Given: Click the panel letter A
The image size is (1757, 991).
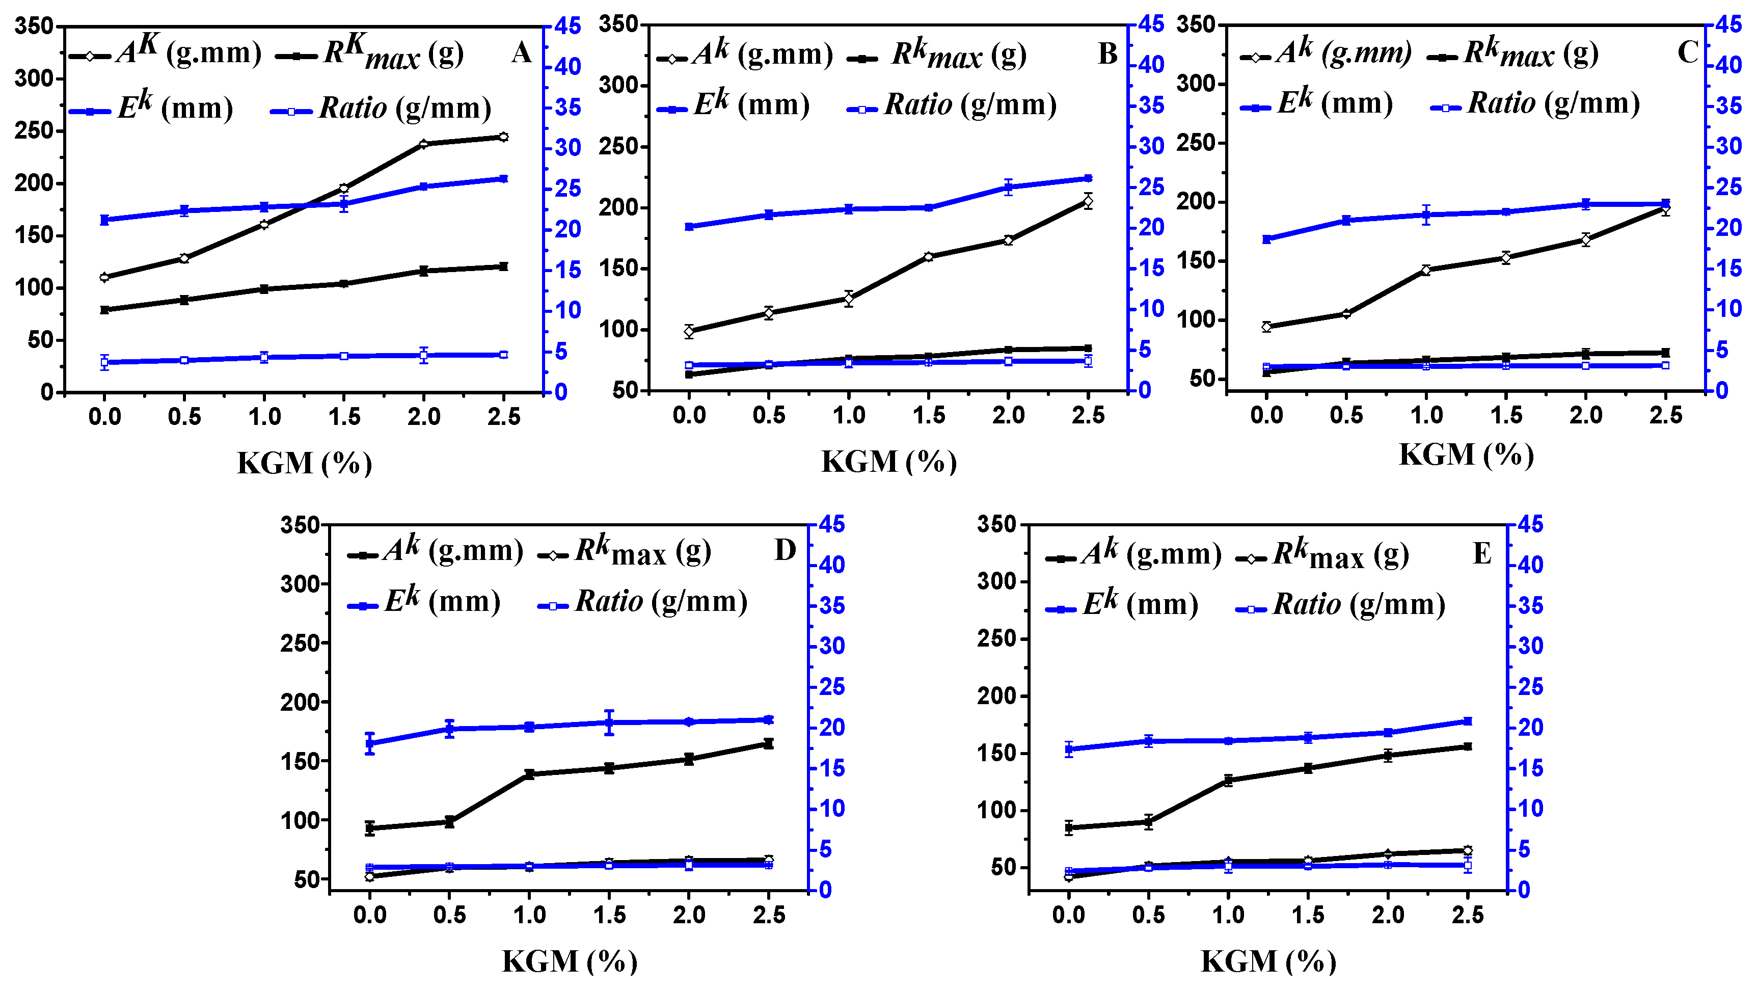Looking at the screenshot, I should tap(521, 52).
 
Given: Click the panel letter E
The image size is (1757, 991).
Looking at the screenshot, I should tap(1481, 553).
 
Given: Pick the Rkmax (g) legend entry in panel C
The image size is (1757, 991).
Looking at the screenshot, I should tap(1513, 53).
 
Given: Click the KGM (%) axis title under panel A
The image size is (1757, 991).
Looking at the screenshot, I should tap(304, 464).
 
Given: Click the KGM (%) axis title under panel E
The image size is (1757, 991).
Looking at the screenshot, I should tap(1268, 961).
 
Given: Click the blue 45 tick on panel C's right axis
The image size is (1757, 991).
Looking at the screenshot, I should tap(1728, 24).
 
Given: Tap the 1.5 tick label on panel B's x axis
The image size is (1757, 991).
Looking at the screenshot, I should tap(928, 415).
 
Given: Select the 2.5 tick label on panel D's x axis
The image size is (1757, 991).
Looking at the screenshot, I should tap(769, 915).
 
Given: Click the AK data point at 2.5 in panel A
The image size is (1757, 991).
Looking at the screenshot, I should tap(503, 137).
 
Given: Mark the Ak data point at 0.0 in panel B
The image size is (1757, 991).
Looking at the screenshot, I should tap(689, 332).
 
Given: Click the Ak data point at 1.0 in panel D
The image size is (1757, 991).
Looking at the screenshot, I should tap(529, 774).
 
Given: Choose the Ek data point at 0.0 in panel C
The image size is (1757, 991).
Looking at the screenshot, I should tap(1266, 239).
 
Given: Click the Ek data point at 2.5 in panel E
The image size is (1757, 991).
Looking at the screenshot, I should tap(1468, 721).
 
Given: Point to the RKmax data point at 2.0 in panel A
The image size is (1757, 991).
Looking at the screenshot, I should tap(423, 271).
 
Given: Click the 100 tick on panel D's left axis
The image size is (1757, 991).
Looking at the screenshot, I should tap(301, 820).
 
